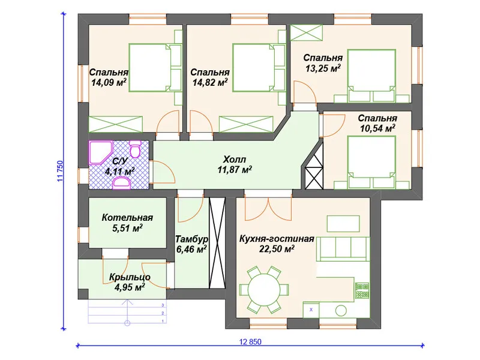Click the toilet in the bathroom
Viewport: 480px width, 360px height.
click(134, 149)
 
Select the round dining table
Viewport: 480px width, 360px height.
click(264, 289)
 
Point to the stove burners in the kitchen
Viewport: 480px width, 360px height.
click(362, 290)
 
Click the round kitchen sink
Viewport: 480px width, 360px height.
click(341, 311)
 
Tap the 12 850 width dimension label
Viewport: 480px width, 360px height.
click(250, 341)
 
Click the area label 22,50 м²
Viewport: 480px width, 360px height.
click(277, 249)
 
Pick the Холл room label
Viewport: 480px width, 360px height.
click(235, 159)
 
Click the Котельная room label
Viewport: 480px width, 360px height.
click(127, 218)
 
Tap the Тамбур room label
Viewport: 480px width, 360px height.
click(192, 239)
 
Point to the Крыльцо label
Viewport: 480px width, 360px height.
click(130, 277)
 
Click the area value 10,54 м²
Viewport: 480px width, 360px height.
click(377, 128)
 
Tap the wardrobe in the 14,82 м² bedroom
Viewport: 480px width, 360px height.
click(246, 124)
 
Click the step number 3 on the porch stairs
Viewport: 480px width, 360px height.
click(163, 305)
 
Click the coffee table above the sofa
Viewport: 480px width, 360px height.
click(343, 224)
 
